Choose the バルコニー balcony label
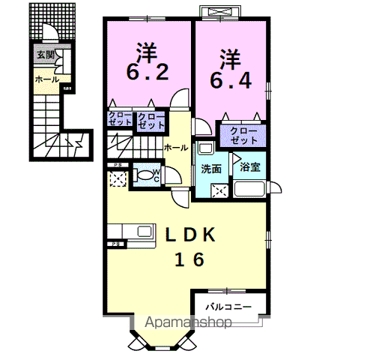230,307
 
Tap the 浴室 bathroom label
250,169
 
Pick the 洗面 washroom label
210,169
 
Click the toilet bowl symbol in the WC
144,178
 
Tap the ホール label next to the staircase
175,148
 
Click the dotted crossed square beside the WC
117,178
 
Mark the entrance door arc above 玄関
49,34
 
